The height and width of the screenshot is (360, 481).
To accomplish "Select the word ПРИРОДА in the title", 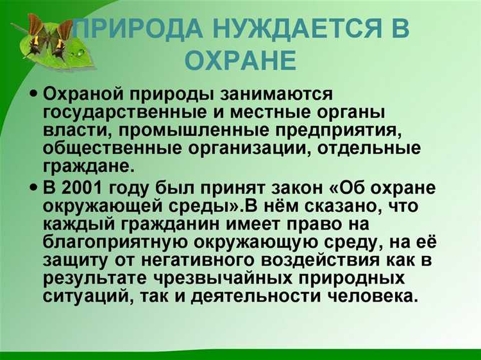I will click(x=131, y=30).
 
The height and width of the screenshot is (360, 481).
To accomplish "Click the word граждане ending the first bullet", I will click(x=87, y=167).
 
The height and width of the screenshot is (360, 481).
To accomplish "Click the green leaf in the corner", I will click(x=51, y=42).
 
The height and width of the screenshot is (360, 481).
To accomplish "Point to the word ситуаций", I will click(x=85, y=298).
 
